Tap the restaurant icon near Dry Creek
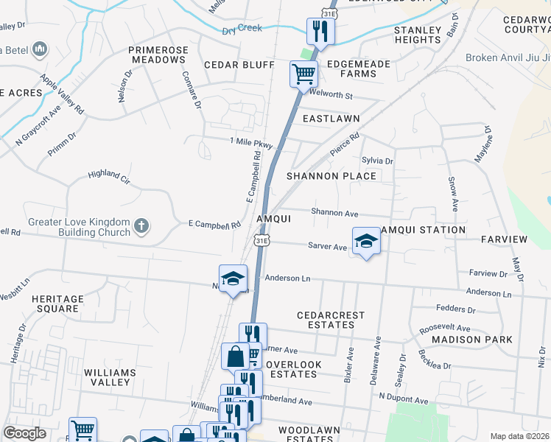coord(320,31)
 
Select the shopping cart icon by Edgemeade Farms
coord(303,74)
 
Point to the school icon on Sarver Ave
coord(365,241)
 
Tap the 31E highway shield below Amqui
coord(262,240)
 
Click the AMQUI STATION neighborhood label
coord(422,230)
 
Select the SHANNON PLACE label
coord(331,176)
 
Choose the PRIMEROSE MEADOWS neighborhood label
coord(158,55)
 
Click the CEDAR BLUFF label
coord(239,65)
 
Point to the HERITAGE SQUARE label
coord(55,304)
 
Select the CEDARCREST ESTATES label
coord(331,320)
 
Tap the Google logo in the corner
coord(24,432)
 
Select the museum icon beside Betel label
coord(40,49)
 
